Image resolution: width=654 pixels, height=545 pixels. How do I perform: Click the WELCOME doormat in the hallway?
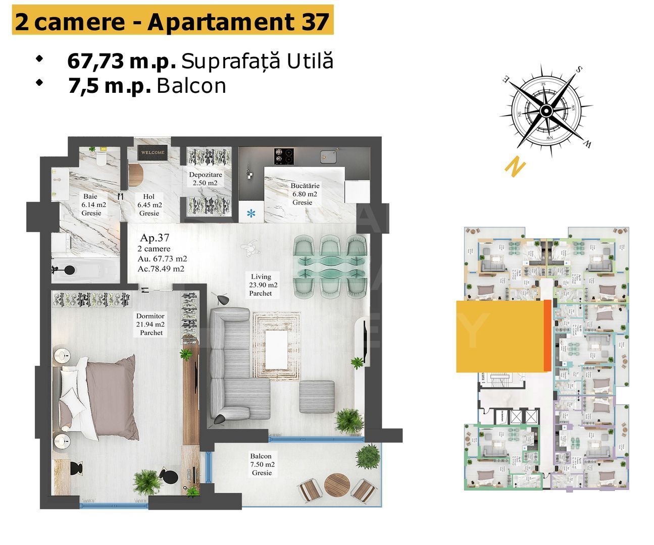click(x=153, y=152)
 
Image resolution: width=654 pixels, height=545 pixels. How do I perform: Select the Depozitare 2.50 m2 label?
click(x=205, y=179)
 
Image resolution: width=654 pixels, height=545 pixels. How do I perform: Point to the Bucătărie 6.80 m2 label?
click(x=304, y=194)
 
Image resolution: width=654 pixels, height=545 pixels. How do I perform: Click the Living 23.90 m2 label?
click(x=261, y=285)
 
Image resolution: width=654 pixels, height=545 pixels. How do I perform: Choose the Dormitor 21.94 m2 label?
click(x=150, y=324)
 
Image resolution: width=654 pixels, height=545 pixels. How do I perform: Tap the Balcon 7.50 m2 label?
click(x=262, y=464)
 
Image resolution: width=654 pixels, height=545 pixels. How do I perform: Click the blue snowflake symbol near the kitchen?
click(x=251, y=213)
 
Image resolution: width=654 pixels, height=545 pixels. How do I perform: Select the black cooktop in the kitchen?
click(x=284, y=156)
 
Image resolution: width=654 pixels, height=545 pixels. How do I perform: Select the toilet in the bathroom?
click(x=102, y=158)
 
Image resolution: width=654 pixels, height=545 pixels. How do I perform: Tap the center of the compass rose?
click(x=546, y=111)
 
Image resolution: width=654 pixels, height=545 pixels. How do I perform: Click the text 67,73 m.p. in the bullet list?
click(x=121, y=61)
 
